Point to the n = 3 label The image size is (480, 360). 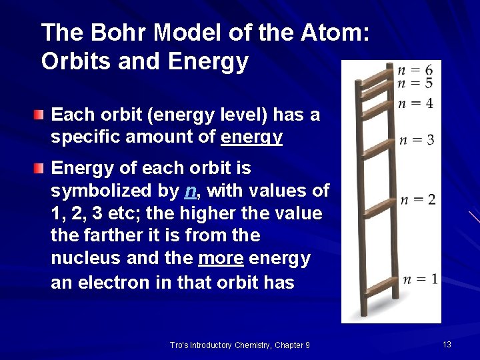point(417,139)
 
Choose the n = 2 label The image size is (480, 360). point(418,199)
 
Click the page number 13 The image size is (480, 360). point(447,344)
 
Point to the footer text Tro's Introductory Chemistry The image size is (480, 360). point(239,345)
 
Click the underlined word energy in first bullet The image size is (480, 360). point(252,137)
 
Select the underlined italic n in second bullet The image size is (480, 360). point(190,191)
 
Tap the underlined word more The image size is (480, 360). point(221,259)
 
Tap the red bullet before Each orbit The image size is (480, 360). point(41,115)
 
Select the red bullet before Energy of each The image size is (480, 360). point(41,167)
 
